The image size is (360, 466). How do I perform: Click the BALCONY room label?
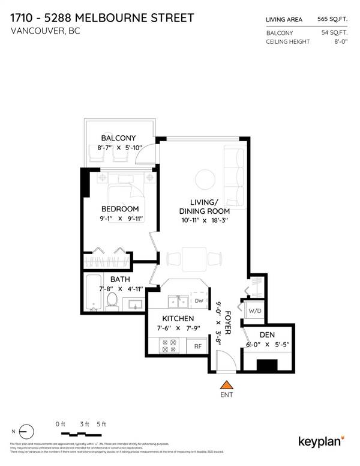coord(119,138)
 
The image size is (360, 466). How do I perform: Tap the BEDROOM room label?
coord(119,209)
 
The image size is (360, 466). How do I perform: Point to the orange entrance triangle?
coord(226,386)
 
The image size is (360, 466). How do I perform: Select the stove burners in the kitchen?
coord(168,345)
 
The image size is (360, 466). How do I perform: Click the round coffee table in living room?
coord(204,178)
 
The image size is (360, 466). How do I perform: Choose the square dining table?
coord(192,258)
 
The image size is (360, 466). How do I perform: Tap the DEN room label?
coord(267,335)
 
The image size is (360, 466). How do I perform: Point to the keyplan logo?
coord(321,441)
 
